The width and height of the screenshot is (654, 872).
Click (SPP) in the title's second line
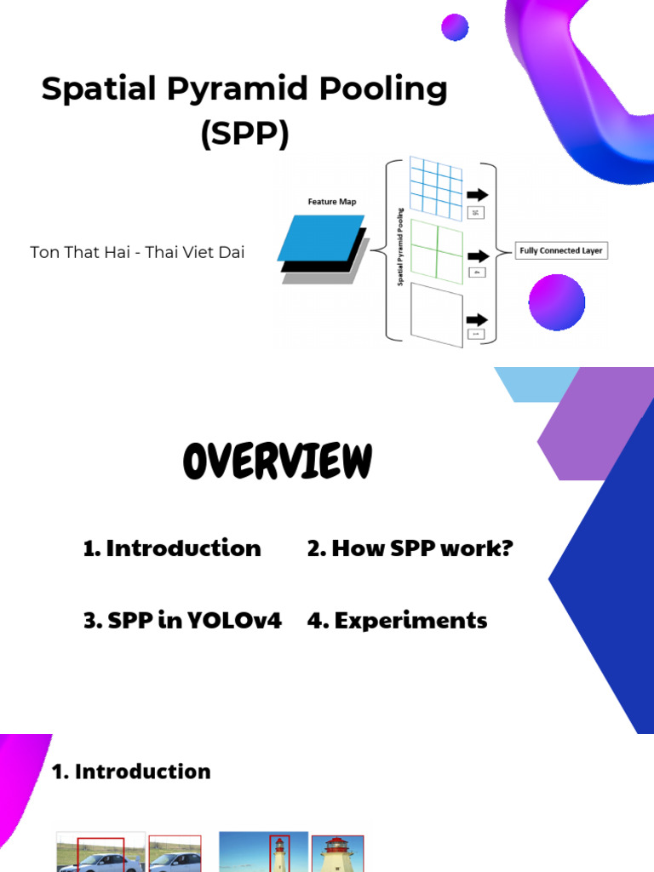[244, 134]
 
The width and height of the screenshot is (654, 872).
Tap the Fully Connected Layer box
[562, 251]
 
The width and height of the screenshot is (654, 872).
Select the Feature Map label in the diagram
[332, 202]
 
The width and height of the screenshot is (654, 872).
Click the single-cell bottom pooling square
[435, 315]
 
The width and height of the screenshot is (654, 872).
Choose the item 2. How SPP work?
[410, 548]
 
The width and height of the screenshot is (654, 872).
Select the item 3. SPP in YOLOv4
[182, 621]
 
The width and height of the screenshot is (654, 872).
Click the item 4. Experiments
[397, 621]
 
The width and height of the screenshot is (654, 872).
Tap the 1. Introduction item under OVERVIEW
[172, 548]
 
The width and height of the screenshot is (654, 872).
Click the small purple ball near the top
[455, 27]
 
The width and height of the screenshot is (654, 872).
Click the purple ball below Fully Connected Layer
[557, 301]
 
